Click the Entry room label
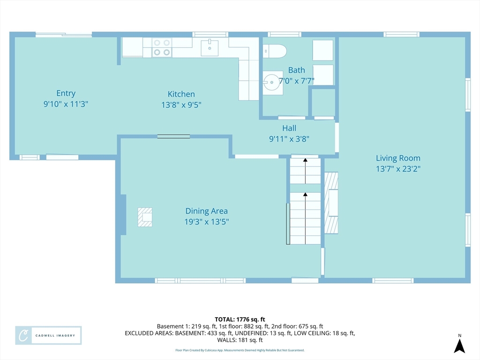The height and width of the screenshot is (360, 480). coord(66,93)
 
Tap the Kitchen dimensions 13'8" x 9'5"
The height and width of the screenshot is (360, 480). coord(181,105)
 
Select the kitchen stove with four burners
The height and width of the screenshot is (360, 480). coord(162,48)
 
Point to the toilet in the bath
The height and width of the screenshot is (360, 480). coord(274,51)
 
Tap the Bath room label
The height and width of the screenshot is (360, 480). coord(296,70)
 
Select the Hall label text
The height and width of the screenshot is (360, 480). coord(289,128)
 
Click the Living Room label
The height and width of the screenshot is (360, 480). coord(398,158)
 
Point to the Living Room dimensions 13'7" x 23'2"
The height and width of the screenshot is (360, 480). coord(398,169)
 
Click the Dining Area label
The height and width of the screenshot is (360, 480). coord(206,211)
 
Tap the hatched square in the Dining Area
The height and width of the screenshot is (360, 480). coord(145,217)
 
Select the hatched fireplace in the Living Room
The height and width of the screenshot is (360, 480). coord(331,202)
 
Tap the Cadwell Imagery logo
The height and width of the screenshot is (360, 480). coord(48,336)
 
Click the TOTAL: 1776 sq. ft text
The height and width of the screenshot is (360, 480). coord(240,319)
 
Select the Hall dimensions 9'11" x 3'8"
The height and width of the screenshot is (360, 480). coord(289,139)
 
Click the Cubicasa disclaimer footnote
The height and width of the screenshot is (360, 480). coord(240,350)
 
